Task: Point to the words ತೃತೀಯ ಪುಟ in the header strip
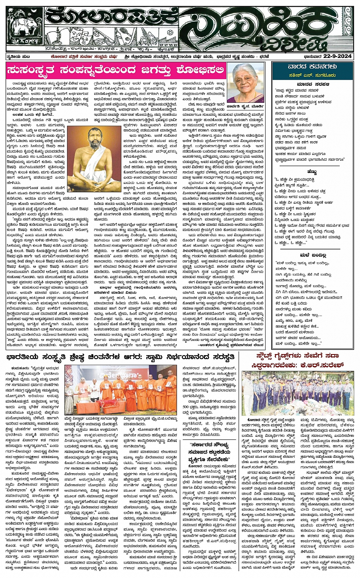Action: (19, 57)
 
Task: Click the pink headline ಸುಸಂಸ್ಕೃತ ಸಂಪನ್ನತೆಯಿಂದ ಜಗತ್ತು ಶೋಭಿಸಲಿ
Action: (114, 70)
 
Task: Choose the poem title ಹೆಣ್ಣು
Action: (312, 172)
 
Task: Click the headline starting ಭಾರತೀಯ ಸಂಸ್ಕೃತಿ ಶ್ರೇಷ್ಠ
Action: (122, 356)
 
